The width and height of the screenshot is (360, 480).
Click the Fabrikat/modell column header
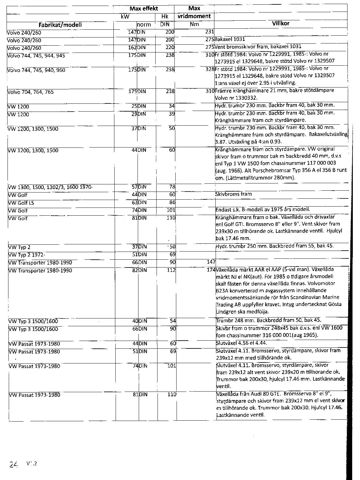[x=60, y=25]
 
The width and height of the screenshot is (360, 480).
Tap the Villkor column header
[x=281, y=23]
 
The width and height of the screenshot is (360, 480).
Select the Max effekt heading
[x=144, y=8]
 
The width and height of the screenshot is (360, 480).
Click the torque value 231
[x=209, y=32]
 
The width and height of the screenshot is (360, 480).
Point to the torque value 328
[x=210, y=69]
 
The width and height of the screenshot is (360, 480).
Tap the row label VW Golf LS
[x=22, y=203]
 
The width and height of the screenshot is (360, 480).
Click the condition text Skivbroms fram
[x=233, y=194]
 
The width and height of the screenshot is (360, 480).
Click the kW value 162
[x=132, y=47]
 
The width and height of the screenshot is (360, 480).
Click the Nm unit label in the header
[x=194, y=24]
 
